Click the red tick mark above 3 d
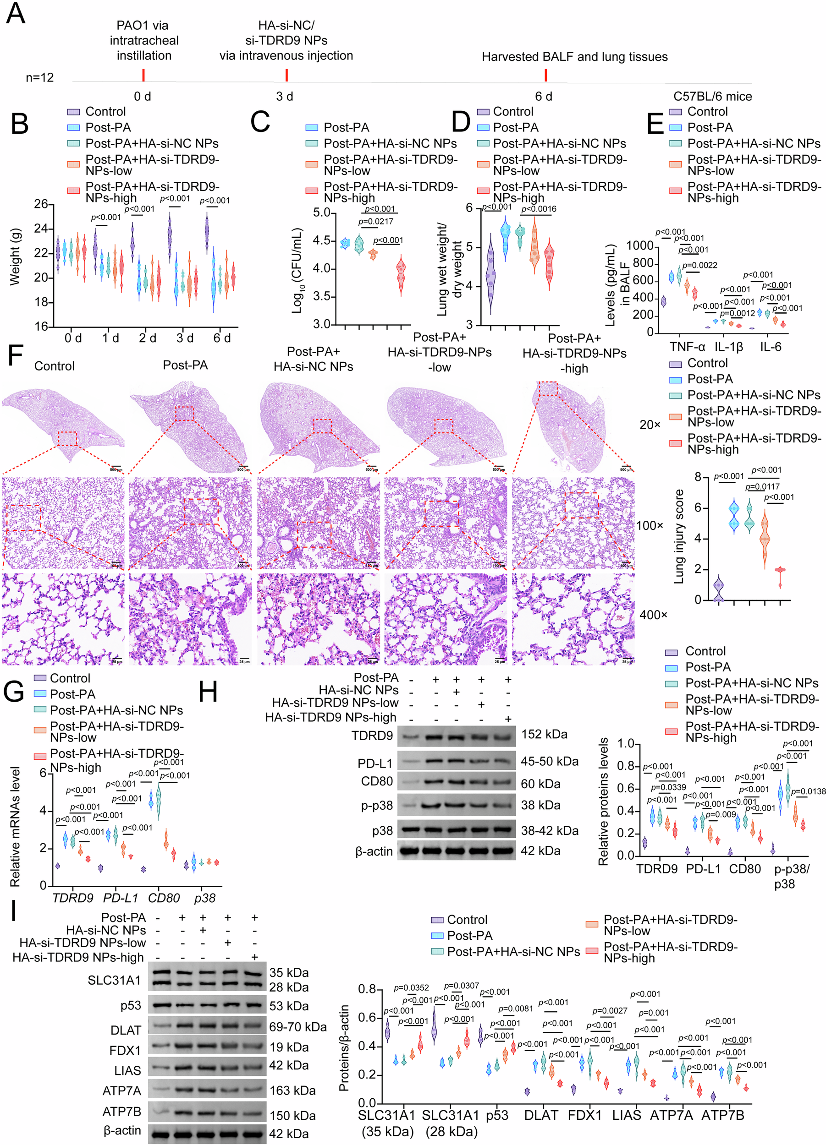click(x=286, y=75)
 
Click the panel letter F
click(x=15, y=356)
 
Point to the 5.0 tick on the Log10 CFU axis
click(x=320, y=213)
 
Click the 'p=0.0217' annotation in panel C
click(x=376, y=222)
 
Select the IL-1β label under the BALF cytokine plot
click(x=728, y=347)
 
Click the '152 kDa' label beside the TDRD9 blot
click(x=544, y=734)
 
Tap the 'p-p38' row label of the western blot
click(x=377, y=805)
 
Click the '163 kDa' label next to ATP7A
click(x=292, y=1090)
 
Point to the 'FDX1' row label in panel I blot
click(x=125, y=1050)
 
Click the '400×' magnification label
click(x=653, y=615)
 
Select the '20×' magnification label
click(x=650, y=425)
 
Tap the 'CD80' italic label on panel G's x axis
click(x=164, y=898)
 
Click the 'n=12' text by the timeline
click(x=39, y=77)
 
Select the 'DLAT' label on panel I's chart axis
click(x=540, y=1115)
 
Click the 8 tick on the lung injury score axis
click(x=698, y=477)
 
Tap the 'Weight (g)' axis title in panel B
click(x=15, y=257)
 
